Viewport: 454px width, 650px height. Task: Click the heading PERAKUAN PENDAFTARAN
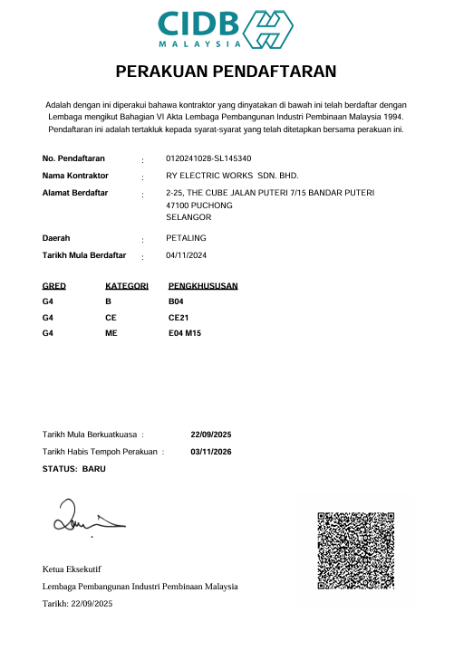(227, 72)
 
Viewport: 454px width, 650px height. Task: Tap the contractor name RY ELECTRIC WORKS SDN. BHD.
(233, 176)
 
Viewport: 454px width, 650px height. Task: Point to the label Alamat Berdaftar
(75, 193)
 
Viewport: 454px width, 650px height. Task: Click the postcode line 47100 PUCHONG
(200, 206)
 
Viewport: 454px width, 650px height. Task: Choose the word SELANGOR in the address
(189, 218)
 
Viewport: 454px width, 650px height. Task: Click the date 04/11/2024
(188, 256)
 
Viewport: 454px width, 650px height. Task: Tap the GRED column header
(54, 286)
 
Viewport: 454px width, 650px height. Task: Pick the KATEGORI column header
(127, 286)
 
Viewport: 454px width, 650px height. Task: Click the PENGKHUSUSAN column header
(203, 286)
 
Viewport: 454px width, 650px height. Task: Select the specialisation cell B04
(177, 301)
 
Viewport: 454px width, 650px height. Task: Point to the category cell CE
(111, 318)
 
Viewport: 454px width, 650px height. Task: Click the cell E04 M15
(185, 335)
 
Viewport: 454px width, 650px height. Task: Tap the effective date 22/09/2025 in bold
(212, 435)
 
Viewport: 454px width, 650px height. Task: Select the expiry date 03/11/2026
(212, 452)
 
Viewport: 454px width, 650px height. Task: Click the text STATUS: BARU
(74, 469)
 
